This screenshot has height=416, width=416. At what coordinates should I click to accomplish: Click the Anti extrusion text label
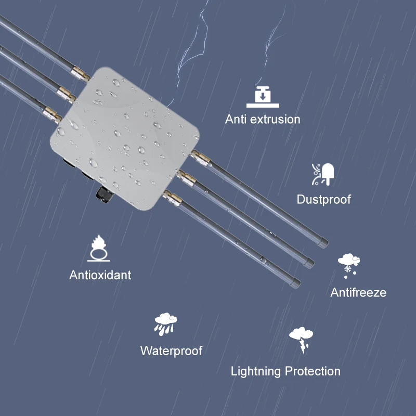pos(263,119)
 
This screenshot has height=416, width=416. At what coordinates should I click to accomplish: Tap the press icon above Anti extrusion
pos(263,96)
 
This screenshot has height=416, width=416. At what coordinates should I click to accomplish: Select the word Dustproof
pos(323,199)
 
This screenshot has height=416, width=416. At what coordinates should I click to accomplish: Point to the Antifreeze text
pos(358,292)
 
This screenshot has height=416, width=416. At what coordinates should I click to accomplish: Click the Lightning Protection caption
pos(285,371)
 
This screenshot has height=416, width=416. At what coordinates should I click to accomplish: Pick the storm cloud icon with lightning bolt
pos(301,340)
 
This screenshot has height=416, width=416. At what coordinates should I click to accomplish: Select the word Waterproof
pos(171,350)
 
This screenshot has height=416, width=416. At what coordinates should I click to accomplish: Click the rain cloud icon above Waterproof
pos(166,324)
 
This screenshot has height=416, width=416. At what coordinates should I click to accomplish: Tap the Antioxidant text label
pos(100,275)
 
